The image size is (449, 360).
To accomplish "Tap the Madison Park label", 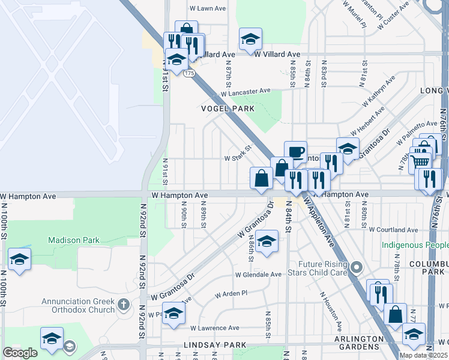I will pos(74,240).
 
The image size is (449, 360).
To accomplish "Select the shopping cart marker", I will pos(421,160).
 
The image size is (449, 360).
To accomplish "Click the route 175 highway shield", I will pos(189,73).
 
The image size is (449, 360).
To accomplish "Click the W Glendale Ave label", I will pos(258,275).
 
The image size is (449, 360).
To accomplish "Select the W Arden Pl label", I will pos(231,294).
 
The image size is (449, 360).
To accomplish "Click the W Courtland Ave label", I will pos(393,229).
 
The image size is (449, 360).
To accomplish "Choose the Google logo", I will pos(20,353).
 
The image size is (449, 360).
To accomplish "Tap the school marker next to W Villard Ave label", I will pos(250,39).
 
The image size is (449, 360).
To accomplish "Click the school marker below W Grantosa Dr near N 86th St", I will pos(267,241).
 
